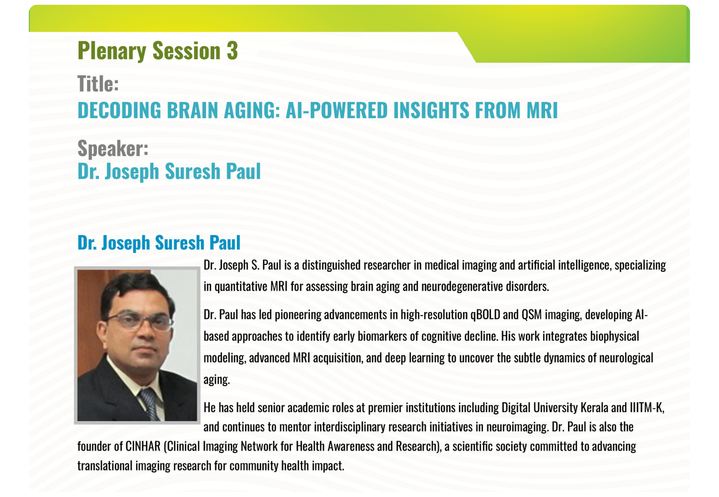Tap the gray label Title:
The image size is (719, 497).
point(98,84)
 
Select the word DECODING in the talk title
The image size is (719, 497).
point(119,110)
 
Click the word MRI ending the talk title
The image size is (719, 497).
point(542,110)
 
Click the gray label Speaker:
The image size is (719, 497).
point(113,148)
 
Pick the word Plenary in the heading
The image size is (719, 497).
point(112,51)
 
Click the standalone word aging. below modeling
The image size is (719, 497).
point(217,380)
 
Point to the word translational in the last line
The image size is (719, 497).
point(105,466)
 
